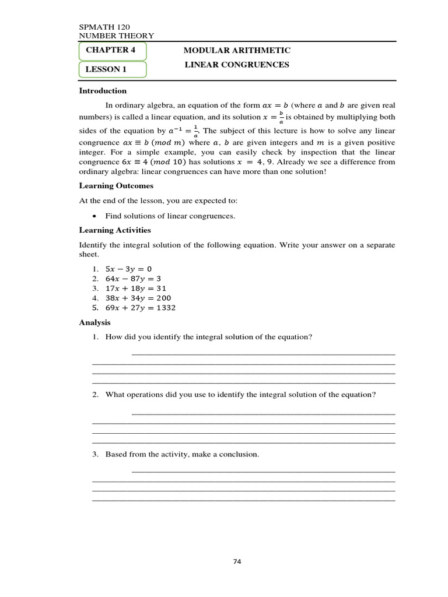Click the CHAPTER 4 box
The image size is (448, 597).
pos(113,51)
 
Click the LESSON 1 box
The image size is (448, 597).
pos(113,70)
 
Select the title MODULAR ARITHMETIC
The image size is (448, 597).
pos(237,51)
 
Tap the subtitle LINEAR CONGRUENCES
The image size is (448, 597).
pos(237,65)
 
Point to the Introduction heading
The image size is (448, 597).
pos(103,91)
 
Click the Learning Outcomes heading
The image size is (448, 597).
pos(116,186)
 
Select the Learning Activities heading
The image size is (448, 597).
pos(115,230)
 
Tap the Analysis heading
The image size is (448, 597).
pos(94,322)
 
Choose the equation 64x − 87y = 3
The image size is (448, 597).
pos(134,279)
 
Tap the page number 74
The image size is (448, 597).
pos(237,562)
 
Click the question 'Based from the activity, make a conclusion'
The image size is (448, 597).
pos(182,454)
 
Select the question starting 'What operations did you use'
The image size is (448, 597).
pos(240,395)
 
